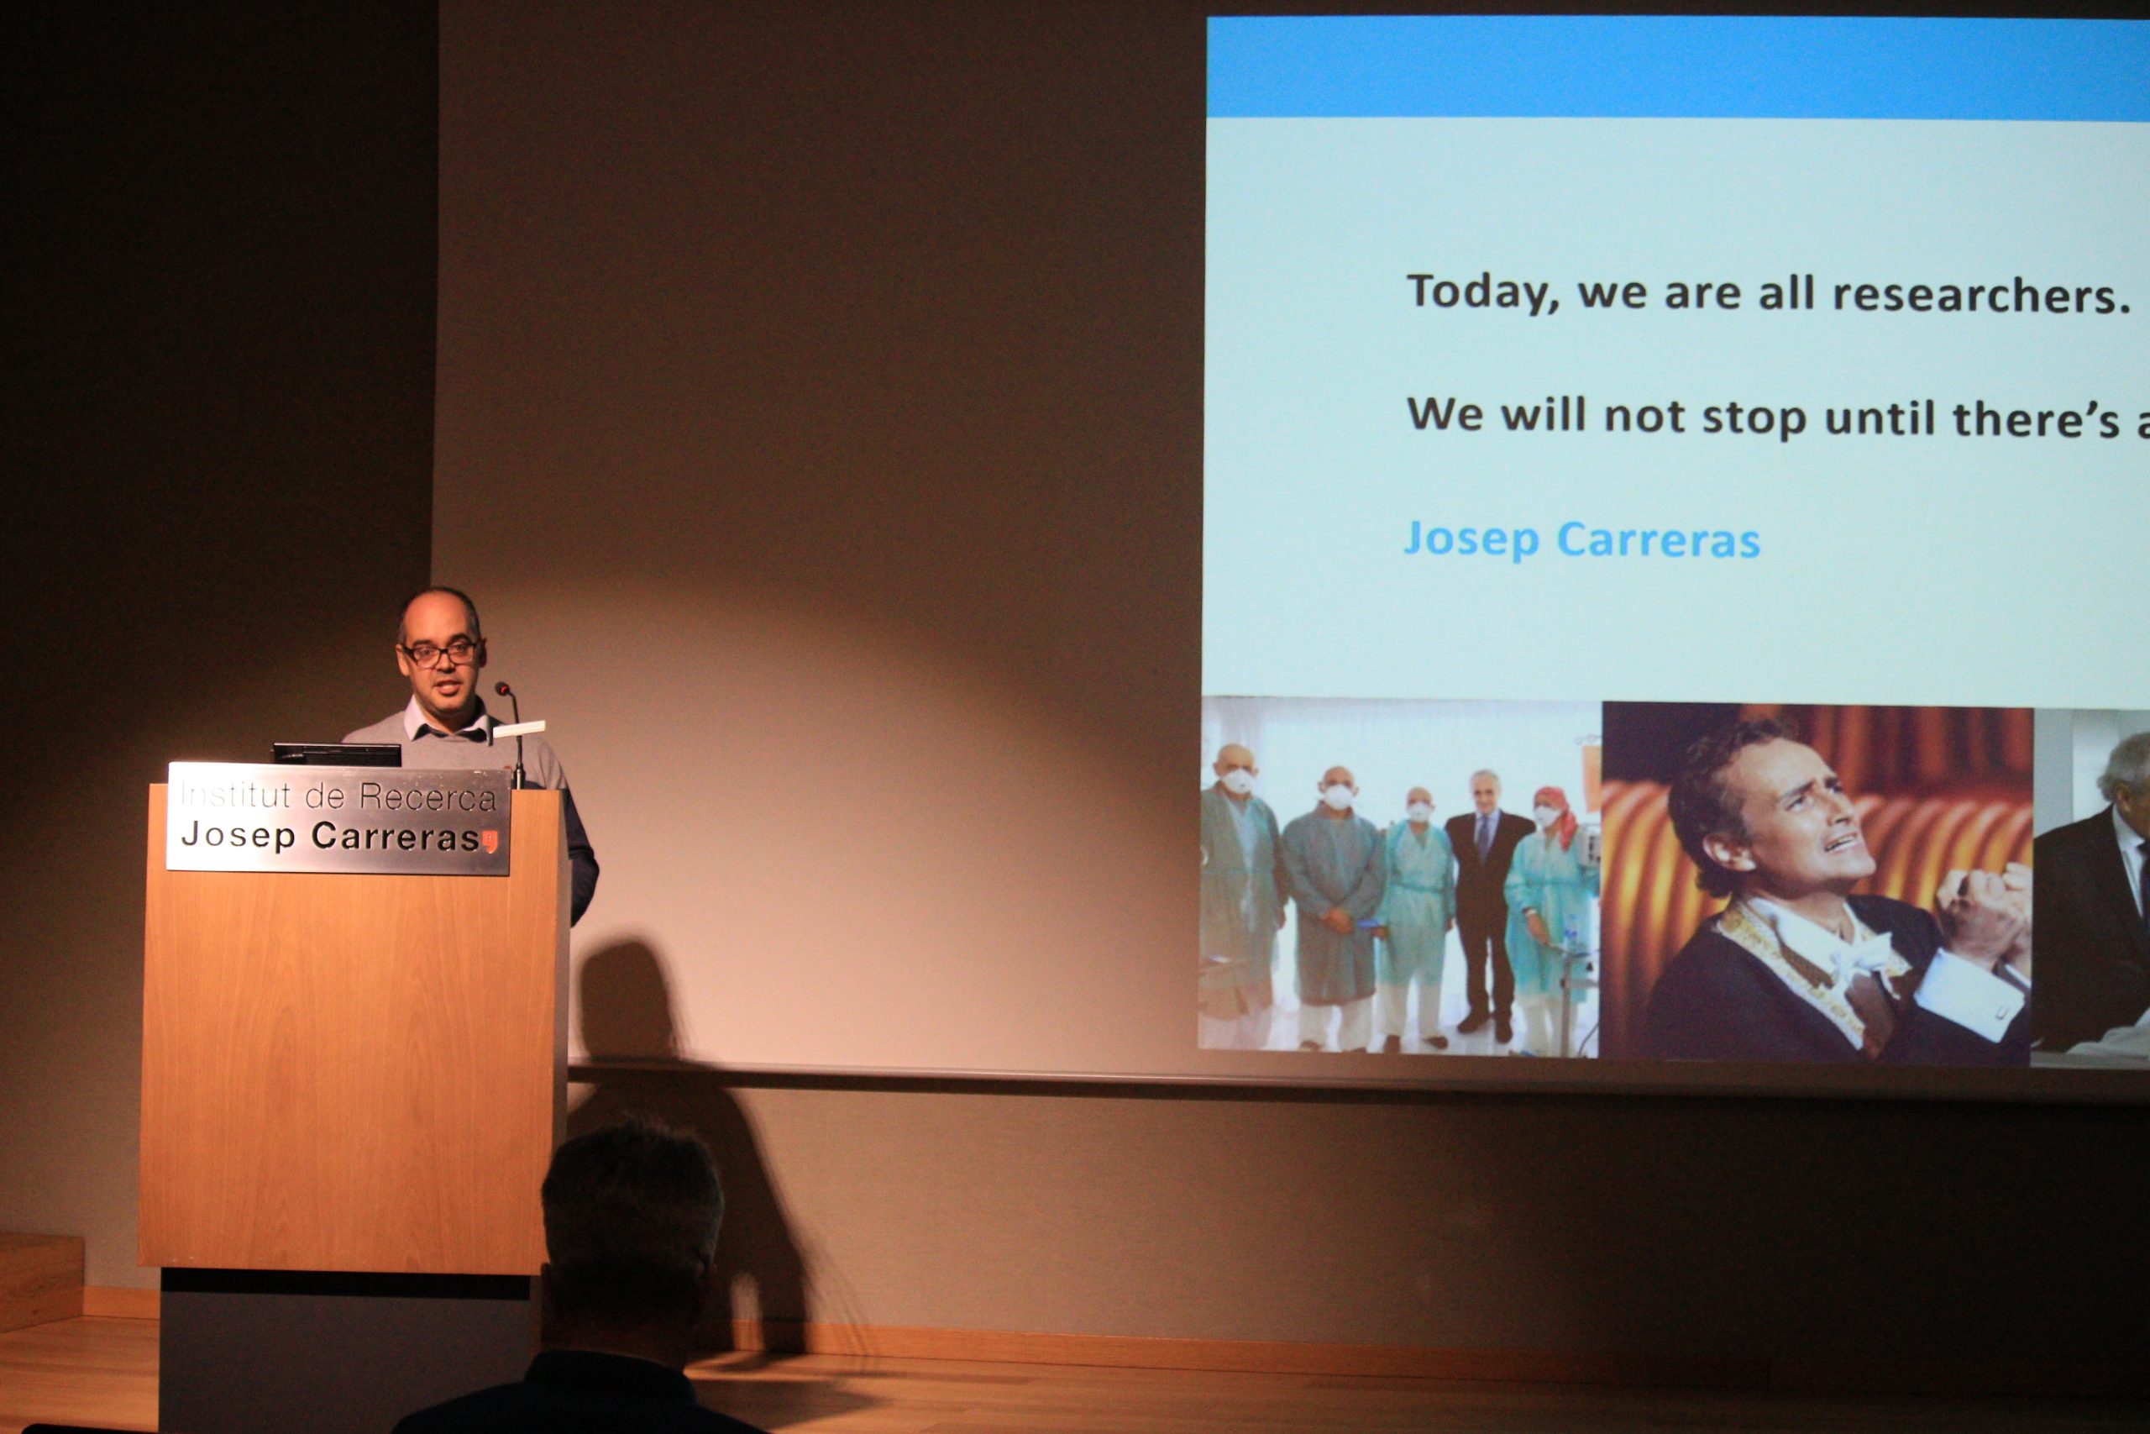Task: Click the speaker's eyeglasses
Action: [x=440, y=652]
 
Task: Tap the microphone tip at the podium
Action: [x=501, y=688]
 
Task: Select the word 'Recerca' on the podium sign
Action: [x=427, y=796]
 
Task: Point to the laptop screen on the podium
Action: [x=337, y=754]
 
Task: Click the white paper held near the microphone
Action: [x=519, y=729]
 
